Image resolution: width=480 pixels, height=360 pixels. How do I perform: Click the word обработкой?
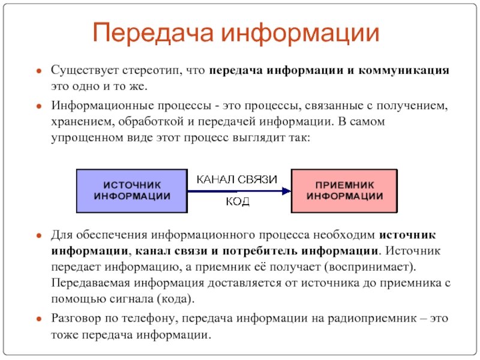click(x=148, y=122)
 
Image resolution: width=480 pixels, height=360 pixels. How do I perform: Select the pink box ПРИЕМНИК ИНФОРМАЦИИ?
click(x=345, y=191)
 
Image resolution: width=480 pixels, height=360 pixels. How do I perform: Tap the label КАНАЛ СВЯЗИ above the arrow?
click(x=237, y=179)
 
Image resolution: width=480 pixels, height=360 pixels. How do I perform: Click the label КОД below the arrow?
click(x=238, y=202)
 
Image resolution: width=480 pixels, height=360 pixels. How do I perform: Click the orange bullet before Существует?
click(x=38, y=71)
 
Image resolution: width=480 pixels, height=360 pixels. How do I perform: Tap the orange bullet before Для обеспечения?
click(x=38, y=235)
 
